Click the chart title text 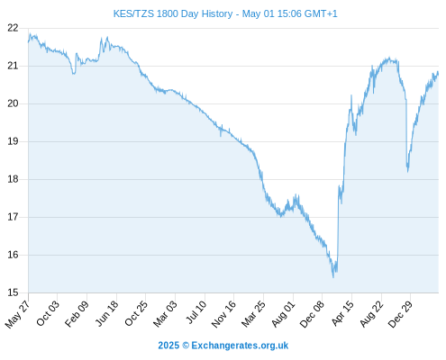(x=225, y=13)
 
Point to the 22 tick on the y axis (x=13, y=28)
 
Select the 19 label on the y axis (x=13, y=141)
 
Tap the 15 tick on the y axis (x=13, y=292)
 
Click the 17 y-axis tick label (x=13, y=217)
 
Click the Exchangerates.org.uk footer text (x=240, y=346)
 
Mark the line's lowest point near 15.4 (x=333, y=277)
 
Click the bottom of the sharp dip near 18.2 (x=408, y=172)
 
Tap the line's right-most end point (x=438, y=73)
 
